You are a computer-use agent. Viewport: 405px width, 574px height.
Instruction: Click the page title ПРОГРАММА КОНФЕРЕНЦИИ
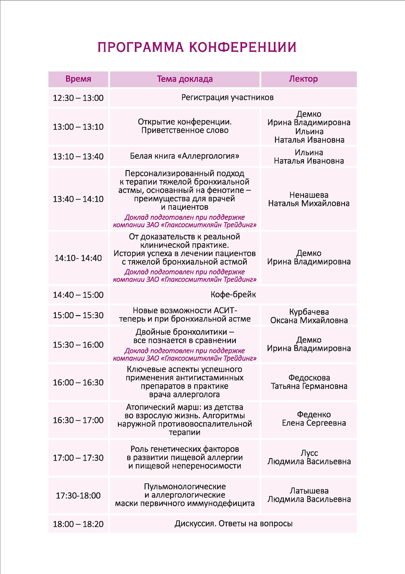(x=197, y=47)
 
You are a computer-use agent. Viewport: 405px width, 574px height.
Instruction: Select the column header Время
(x=78, y=79)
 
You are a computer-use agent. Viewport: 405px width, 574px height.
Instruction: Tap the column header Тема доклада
(x=185, y=79)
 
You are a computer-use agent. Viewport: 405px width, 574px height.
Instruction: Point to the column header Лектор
(x=303, y=79)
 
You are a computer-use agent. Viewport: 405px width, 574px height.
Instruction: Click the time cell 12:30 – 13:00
(x=78, y=98)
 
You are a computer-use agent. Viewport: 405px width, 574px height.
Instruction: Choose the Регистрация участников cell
(x=227, y=98)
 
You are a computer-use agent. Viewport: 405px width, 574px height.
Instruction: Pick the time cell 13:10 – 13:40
(x=78, y=156)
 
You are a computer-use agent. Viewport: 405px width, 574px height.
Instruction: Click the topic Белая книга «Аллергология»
(x=185, y=156)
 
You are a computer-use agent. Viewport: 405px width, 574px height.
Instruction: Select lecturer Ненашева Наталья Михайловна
(x=309, y=199)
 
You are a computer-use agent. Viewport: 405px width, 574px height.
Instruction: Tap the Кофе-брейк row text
(x=233, y=295)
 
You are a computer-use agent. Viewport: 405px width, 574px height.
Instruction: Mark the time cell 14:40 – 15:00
(x=78, y=295)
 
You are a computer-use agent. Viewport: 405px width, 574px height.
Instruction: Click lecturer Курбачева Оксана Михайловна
(x=309, y=316)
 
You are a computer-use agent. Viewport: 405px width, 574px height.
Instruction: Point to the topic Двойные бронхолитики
(x=185, y=336)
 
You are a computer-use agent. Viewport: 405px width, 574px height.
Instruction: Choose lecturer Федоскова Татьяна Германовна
(x=309, y=382)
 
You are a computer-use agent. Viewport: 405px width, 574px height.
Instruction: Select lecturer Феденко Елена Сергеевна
(x=314, y=419)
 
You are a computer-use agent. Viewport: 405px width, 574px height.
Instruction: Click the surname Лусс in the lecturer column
(x=309, y=453)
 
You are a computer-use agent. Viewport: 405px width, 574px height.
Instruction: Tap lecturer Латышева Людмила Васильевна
(x=309, y=495)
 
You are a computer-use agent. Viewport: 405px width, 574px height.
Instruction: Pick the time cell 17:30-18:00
(x=78, y=495)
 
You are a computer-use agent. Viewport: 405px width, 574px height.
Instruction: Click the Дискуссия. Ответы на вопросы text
(x=233, y=524)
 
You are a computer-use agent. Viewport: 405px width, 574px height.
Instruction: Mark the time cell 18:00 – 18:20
(x=78, y=524)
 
